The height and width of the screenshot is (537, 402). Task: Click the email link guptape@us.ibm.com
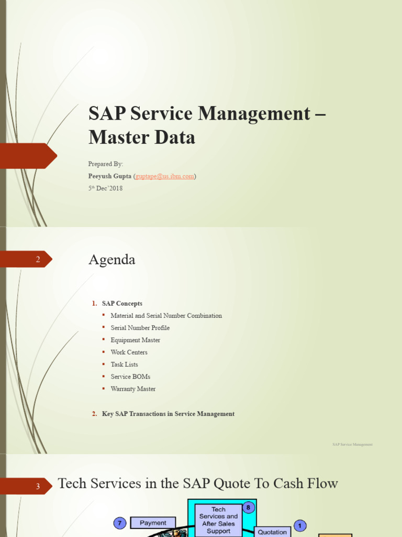pyautogui.click(x=165, y=176)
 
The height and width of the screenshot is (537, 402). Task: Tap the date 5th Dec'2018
pyautogui.click(x=105, y=188)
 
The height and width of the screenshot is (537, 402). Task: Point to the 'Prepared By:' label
pyautogui.click(x=106, y=164)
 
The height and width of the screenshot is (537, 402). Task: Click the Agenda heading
pyautogui.click(x=112, y=260)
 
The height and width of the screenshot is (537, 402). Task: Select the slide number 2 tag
pyautogui.click(x=38, y=260)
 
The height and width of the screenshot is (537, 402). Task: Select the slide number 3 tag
pyautogui.click(x=38, y=486)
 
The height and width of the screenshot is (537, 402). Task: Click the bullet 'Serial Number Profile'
pyautogui.click(x=140, y=328)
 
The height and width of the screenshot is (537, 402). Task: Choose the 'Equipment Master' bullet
pyautogui.click(x=135, y=340)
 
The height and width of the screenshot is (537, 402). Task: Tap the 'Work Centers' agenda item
pyautogui.click(x=129, y=352)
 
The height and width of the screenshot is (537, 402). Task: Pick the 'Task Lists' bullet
pyautogui.click(x=124, y=364)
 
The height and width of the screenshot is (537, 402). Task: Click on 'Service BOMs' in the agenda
pyautogui.click(x=130, y=377)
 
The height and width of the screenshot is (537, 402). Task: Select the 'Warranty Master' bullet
pyautogui.click(x=133, y=389)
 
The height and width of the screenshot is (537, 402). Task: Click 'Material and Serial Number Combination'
pyautogui.click(x=166, y=316)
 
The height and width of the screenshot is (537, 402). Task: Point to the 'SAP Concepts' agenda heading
pyautogui.click(x=122, y=304)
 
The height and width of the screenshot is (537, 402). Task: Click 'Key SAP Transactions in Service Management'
pyautogui.click(x=168, y=414)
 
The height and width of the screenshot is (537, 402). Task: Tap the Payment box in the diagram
pyautogui.click(x=153, y=523)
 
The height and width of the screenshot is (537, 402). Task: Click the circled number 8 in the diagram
pyautogui.click(x=249, y=507)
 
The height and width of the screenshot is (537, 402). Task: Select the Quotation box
pyautogui.click(x=272, y=532)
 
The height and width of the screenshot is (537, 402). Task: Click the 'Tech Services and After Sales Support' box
pyautogui.click(x=218, y=520)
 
